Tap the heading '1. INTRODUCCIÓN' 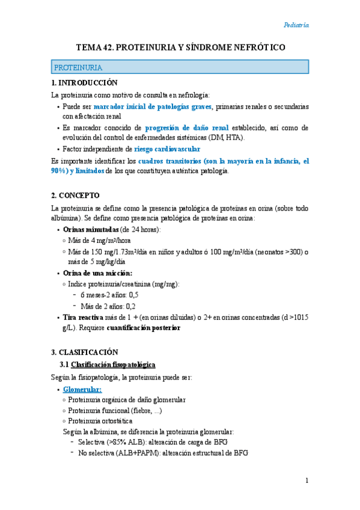coord(85,82)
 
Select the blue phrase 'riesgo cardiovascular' coord(168,149)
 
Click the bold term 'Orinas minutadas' coord(91,230)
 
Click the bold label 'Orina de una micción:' coord(97,273)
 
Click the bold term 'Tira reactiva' coord(84,317)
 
